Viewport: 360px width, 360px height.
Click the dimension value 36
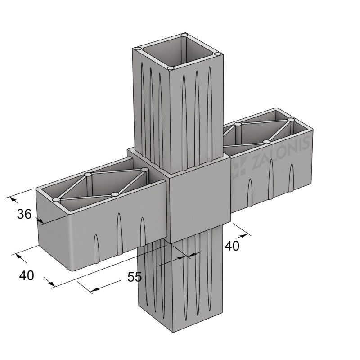[x=24, y=214]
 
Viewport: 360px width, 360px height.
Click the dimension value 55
[x=135, y=277]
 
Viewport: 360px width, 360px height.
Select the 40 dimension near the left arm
[x=27, y=275]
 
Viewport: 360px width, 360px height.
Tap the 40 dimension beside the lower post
[x=232, y=246]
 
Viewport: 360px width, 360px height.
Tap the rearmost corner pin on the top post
[x=184, y=35]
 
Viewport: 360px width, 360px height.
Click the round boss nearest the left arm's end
[x=56, y=199]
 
